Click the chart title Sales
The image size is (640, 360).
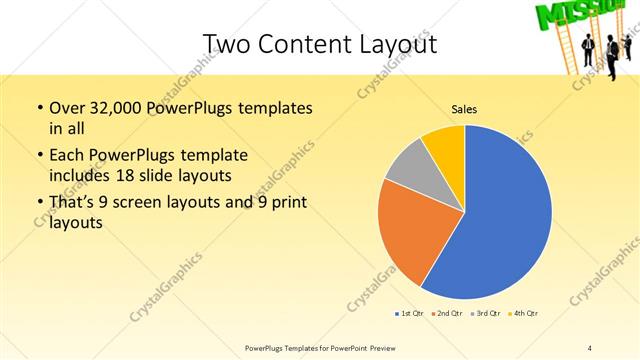[464, 110]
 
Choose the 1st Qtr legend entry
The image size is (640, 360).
[409, 313]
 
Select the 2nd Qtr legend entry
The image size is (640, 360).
[445, 313]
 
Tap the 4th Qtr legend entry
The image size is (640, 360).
[523, 313]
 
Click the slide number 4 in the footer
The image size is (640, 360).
[590, 347]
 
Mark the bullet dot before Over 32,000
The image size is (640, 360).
[39, 108]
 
